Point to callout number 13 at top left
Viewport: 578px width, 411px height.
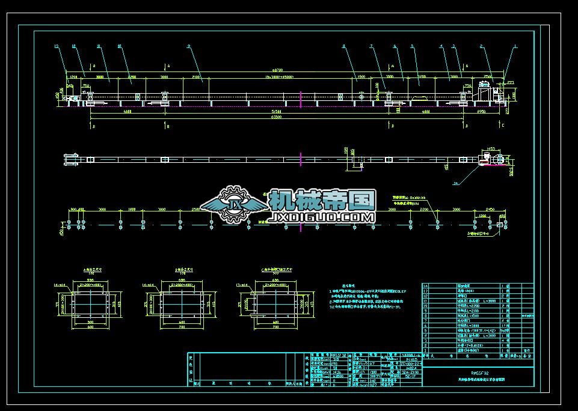56,46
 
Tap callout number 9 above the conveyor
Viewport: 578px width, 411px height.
188,46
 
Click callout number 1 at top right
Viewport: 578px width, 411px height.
515,46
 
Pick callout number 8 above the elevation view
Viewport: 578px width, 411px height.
344,46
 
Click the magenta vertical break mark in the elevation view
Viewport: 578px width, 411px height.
301,98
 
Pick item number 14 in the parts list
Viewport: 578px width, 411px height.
426,286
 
